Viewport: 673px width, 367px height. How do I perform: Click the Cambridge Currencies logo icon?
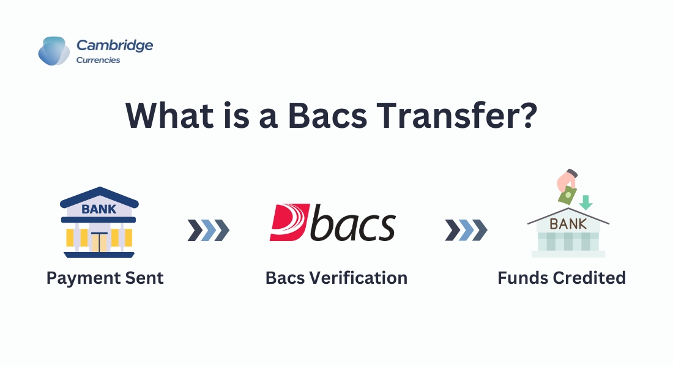pyautogui.click(x=54, y=51)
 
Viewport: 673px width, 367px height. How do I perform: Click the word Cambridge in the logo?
pyautogui.click(x=114, y=45)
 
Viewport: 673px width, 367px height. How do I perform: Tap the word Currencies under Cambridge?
pyautogui.click(x=98, y=60)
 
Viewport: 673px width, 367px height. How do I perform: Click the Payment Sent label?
pyautogui.click(x=105, y=278)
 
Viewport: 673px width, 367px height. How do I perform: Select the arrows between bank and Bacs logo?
pyautogui.click(x=209, y=230)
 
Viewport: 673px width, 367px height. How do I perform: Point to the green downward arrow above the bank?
pyautogui.click(x=586, y=202)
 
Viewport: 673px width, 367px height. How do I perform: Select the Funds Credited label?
pyautogui.click(x=561, y=278)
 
